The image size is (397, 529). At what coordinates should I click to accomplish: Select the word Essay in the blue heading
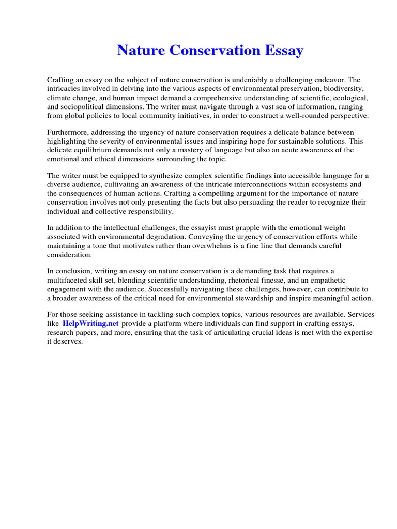(284, 51)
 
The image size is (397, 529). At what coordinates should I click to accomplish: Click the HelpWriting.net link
(91, 323)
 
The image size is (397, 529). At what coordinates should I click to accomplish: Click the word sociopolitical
(86, 107)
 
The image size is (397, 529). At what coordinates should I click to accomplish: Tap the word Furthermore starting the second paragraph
(68, 132)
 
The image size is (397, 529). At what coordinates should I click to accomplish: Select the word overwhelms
(221, 246)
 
